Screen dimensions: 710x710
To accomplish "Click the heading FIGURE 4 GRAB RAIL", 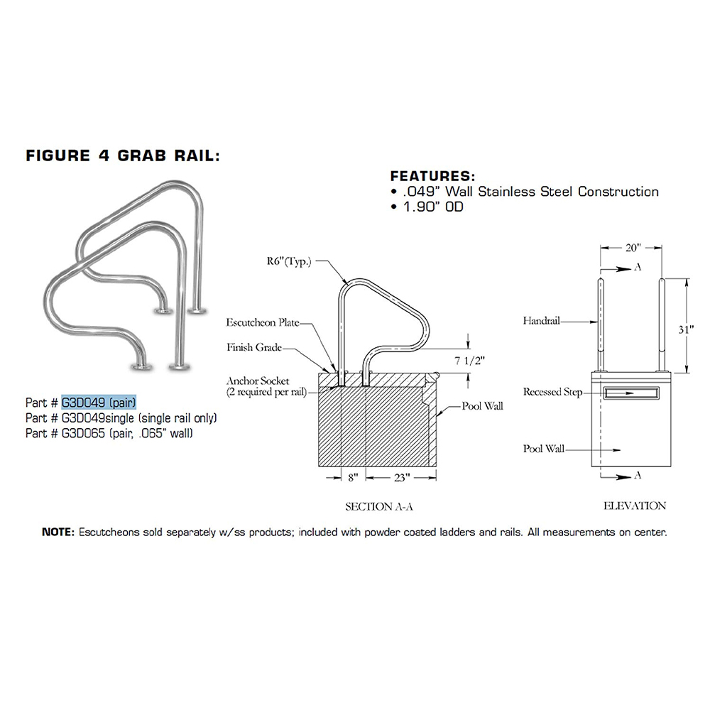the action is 123,155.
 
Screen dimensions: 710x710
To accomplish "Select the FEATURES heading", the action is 433,175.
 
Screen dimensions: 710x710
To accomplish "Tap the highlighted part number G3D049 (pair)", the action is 99,402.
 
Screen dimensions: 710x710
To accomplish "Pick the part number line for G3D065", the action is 109,433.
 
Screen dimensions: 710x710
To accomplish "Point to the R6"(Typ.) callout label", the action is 289,262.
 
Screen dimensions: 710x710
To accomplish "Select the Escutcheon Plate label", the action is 263,322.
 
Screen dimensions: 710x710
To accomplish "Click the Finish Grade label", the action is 254,347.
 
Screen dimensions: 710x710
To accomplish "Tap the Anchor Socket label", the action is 258,381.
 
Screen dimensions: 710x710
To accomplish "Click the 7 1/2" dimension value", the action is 469,361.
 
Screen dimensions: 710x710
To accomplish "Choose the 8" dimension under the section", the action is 353,477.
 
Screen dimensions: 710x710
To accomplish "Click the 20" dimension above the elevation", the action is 633,248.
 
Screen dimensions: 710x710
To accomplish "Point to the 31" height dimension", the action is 686,329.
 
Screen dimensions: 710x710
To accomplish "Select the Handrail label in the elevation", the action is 541,321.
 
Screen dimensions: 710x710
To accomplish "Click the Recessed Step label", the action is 552,392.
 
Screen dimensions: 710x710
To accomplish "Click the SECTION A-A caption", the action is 379,507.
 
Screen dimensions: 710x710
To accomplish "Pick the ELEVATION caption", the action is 634,506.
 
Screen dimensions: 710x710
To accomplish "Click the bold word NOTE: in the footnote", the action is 58,532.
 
